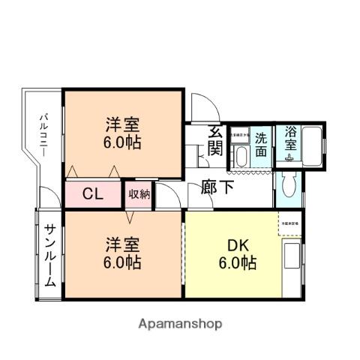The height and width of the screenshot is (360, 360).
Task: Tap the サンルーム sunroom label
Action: [x=49, y=256]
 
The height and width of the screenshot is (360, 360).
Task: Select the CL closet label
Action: [x=92, y=195]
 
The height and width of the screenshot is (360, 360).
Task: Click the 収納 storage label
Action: [x=139, y=195]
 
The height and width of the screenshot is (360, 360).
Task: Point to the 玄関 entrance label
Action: [x=215, y=140]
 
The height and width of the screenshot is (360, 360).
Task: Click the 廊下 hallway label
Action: [x=217, y=187]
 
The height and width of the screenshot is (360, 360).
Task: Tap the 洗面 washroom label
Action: [x=261, y=144]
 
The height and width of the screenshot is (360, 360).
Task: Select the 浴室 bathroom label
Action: [x=289, y=138]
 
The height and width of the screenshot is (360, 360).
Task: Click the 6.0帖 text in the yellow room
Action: [x=238, y=263]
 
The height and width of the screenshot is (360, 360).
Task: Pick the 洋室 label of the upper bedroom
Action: [x=121, y=124]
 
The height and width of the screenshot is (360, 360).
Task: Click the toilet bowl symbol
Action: [x=289, y=184]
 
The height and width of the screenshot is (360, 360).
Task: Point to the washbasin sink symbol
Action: [x=241, y=156]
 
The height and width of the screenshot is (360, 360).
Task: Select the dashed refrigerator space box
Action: [x=290, y=226]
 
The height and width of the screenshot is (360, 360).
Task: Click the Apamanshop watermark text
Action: [x=180, y=324]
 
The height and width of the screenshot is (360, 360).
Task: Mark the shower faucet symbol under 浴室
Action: [x=288, y=158]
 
